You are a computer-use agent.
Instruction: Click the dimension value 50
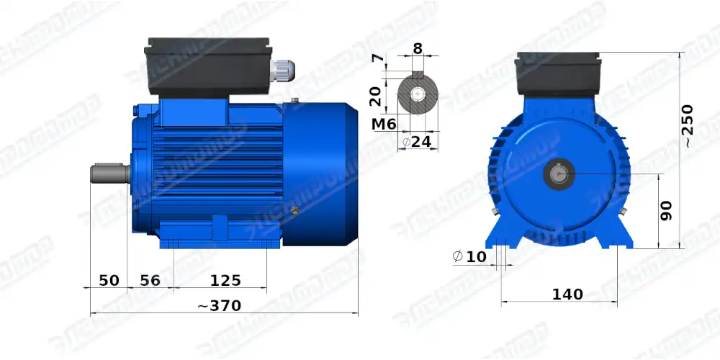click(108, 280)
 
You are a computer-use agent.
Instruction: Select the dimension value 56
click(150, 280)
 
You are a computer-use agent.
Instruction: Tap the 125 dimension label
click(225, 280)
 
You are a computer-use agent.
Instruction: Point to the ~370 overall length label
click(219, 306)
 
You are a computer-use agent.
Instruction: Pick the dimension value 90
click(666, 211)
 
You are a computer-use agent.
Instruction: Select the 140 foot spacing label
click(567, 294)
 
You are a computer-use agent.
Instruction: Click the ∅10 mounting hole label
click(469, 256)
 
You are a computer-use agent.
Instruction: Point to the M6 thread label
click(384, 125)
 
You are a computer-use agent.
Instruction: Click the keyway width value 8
click(418, 50)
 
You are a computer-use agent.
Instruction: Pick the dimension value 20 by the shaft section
click(375, 95)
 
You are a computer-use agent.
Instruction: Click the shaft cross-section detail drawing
click(418, 94)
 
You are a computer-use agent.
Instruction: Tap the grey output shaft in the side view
click(108, 174)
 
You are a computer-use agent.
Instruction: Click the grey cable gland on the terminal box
click(282, 71)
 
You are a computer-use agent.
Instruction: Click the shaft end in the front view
click(560, 174)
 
